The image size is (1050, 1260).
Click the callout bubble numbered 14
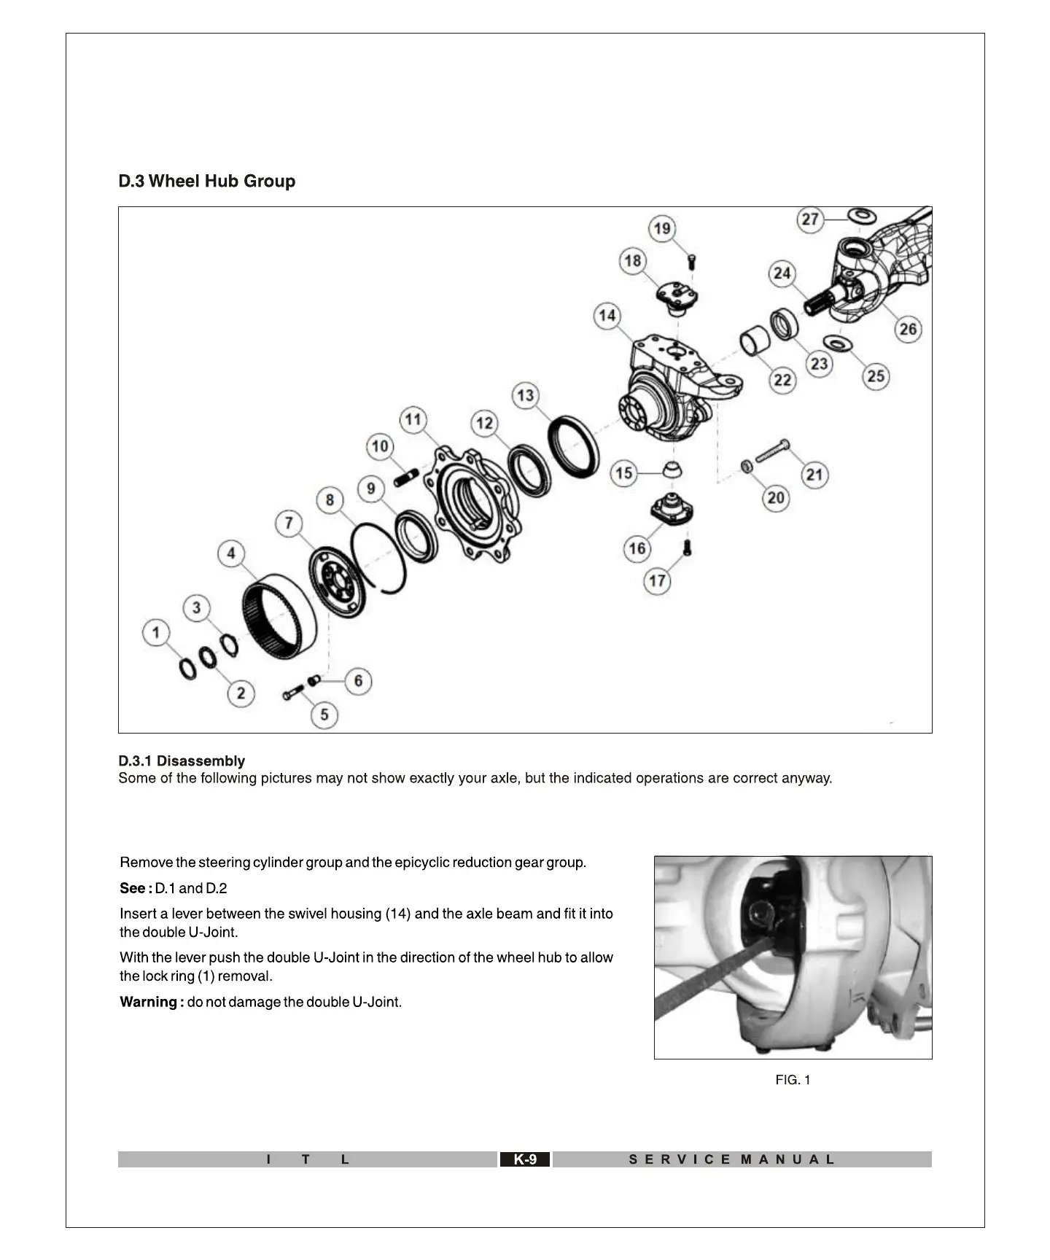pos(607,316)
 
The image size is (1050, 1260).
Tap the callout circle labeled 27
pos(810,219)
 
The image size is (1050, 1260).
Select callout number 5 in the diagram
pos(324,715)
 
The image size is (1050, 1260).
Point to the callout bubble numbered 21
pos(814,475)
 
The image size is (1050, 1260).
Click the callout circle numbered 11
pos(413,419)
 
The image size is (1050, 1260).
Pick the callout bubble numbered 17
pos(657,580)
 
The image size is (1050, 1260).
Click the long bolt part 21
pos(771,451)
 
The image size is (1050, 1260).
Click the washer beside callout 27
pos(862,215)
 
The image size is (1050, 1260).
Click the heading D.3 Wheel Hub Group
pos(207,181)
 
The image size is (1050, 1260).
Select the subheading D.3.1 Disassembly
pos(182,761)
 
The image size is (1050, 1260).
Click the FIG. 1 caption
pos(793,1080)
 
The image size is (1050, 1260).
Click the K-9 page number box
pos(525,1159)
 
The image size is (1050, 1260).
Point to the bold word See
pos(134,888)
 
